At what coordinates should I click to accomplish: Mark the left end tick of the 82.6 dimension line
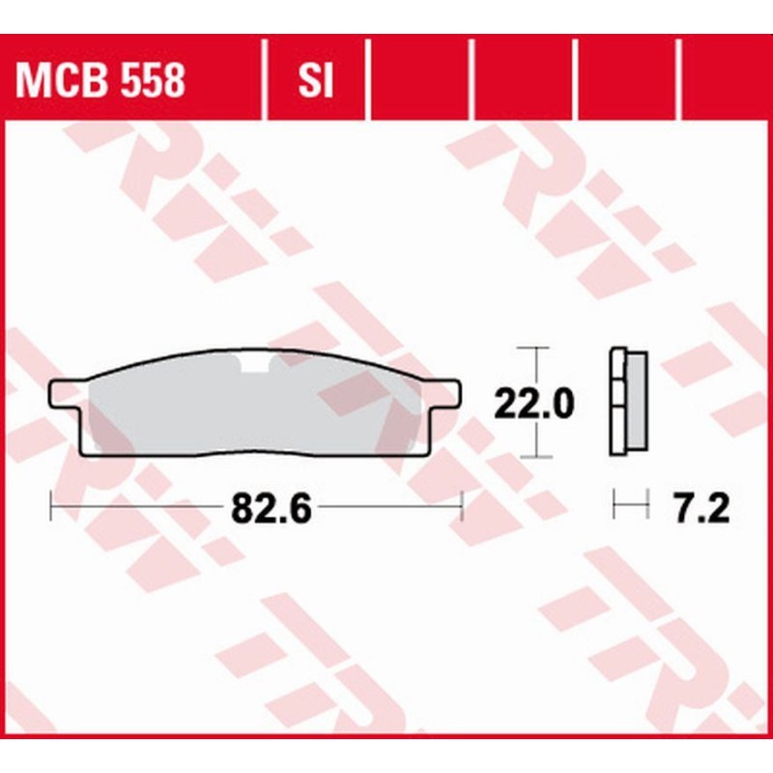pyautogui.click(x=50, y=504)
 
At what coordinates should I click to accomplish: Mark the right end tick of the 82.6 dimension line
pyautogui.click(x=463, y=504)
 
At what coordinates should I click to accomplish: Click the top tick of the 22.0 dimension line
pyautogui.click(x=534, y=347)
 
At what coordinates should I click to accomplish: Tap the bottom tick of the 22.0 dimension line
pyautogui.click(x=534, y=457)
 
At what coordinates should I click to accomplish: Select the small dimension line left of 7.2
pyautogui.click(x=629, y=504)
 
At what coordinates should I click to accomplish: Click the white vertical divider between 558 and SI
pyautogui.click(x=264, y=81)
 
